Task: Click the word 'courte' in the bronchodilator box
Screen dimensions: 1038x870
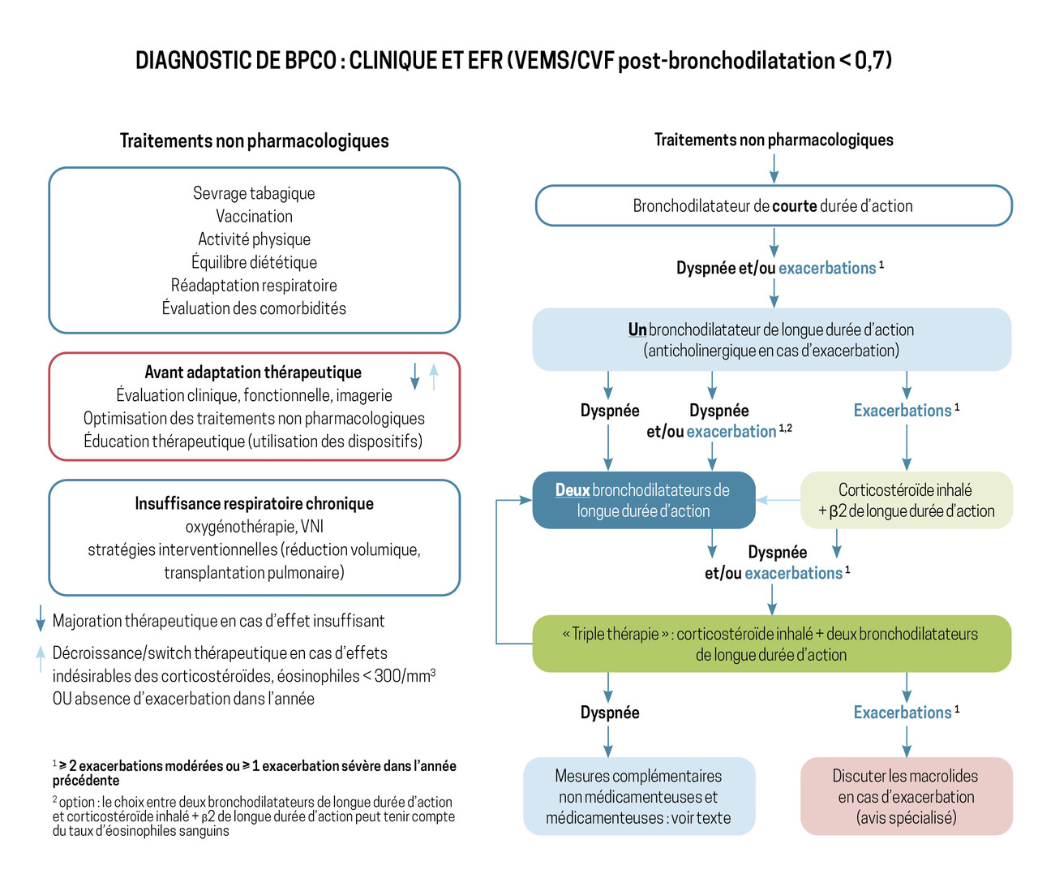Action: click(795, 205)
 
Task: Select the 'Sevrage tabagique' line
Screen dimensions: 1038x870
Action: click(254, 193)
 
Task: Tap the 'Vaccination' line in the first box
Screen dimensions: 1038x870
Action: click(254, 216)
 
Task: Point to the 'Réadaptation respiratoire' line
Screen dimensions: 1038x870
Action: click(254, 285)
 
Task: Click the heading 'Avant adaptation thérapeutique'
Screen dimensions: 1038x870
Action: click(253, 372)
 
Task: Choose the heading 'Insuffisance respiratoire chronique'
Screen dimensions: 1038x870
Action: click(254, 503)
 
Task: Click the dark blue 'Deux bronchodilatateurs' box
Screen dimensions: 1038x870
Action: click(644, 500)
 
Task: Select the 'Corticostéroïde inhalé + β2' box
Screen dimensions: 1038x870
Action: click(907, 500)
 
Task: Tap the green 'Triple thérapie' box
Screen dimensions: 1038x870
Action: click(771, 644)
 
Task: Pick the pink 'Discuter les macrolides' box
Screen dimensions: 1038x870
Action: click(907, 796)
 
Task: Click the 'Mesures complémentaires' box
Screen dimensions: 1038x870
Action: click(639, 796)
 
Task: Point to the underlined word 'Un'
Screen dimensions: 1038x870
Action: click(637, 329)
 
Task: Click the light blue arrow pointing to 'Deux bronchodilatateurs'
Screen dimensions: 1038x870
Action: click(778, 500)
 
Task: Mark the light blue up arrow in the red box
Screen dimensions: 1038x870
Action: click(434, 377)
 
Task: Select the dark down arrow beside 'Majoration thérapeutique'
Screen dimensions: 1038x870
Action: click(41, 618)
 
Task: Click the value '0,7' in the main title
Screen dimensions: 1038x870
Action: click(869, 61)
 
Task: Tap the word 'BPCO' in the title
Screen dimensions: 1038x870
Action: click(311, 61)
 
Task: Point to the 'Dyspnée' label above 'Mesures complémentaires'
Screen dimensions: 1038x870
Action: click(610, 713)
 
